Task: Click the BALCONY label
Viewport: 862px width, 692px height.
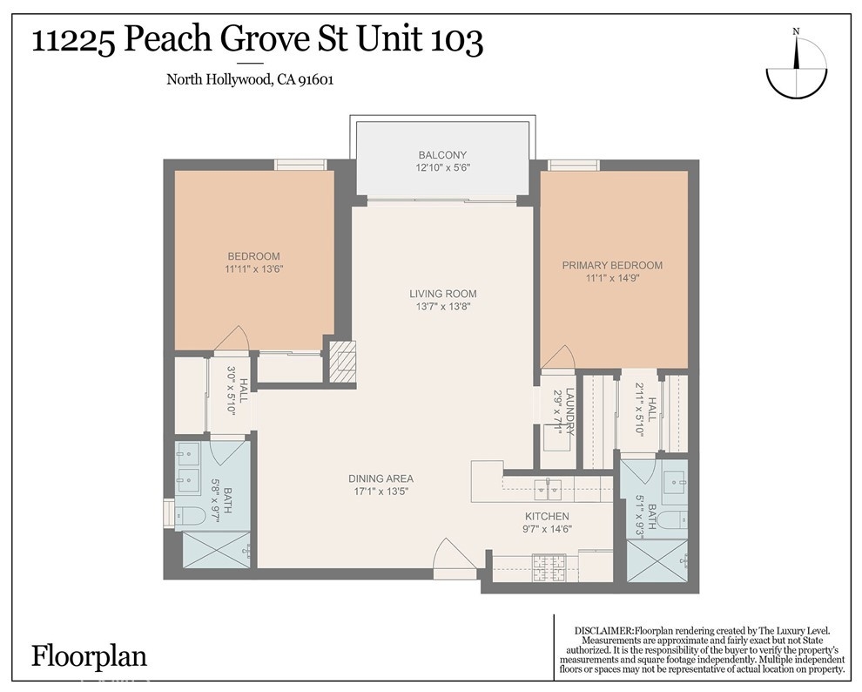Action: (442, 155)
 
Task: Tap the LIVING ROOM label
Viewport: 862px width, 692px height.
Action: (443, 294)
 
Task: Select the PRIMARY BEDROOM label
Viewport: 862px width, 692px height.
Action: (612, 265)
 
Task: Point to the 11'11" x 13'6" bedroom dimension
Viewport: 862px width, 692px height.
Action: (254, 269)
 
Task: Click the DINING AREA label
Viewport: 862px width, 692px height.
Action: (381, 478)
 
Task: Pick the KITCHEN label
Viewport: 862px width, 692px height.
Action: (547, 517)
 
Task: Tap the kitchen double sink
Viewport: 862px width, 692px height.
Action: (548, 487)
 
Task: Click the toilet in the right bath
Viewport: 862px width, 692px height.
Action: (672, 519)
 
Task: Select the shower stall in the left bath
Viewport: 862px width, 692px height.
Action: (216, 549)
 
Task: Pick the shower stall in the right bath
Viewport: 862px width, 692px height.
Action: (657, 560)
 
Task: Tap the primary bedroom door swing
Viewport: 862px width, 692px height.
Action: (557, 358)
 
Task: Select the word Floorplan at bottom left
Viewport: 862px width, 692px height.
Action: (89, 657)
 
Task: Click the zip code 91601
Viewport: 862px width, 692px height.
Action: (316, 80)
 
